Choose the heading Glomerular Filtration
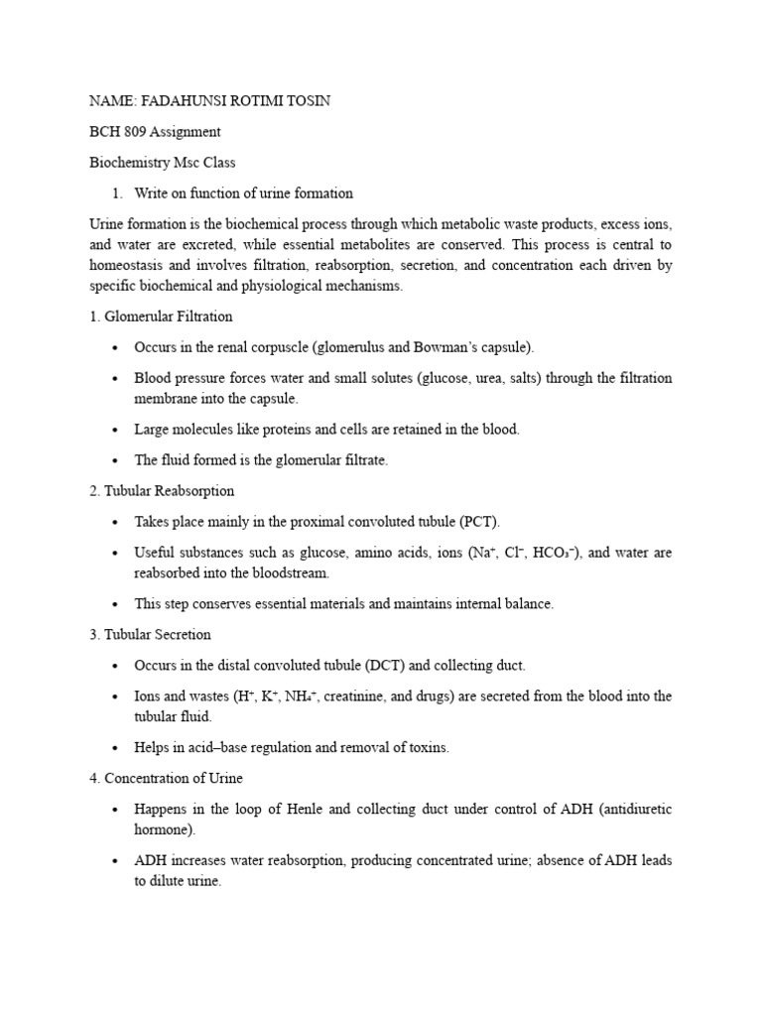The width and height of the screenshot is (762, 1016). click(x=169, y=317)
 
